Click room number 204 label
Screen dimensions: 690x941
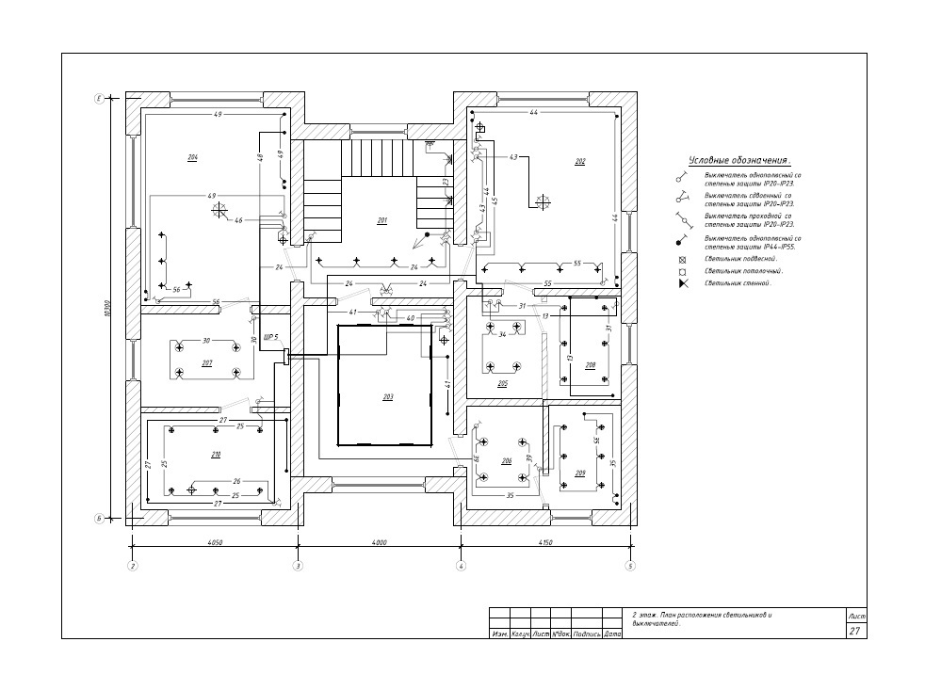[x=192, y=157]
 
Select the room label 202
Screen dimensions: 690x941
[x=580, y=162]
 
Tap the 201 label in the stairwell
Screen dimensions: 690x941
[x=382, y=221]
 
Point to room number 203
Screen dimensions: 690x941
[x=387, y=397]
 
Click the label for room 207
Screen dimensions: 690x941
[x=207, y=363]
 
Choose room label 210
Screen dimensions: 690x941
[x=216, y=455]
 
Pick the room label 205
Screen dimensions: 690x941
[x=503, y=384]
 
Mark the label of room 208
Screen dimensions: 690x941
[x=591, y=365]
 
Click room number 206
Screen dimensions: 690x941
[x=506, y=461]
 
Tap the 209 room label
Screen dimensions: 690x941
[x=580, y=473]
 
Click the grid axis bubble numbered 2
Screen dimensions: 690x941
[x=133, y=567]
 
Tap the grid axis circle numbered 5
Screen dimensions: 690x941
[x=631, y=567]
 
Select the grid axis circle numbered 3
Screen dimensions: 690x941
[x=298, y=567]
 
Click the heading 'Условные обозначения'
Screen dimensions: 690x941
[x=738, y=160]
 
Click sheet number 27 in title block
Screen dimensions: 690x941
[x=854, y=632]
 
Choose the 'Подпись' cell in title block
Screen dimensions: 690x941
[x=587, y=634]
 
